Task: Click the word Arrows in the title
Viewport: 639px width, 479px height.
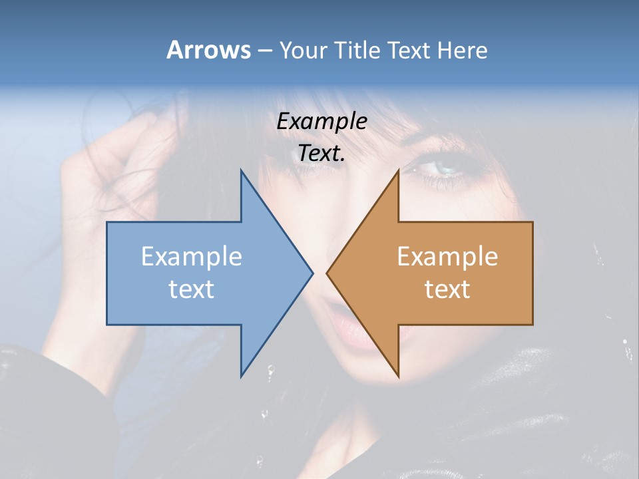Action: [x=208, y=50]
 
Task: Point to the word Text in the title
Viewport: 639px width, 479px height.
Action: [x=409, y=51]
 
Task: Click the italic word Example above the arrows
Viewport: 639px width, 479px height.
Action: [x=322, y=121]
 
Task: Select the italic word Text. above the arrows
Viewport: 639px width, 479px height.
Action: [x=322, y=153]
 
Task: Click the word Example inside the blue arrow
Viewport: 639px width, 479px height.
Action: [x=192, y=257]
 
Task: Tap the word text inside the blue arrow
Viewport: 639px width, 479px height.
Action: [x=192, y=289]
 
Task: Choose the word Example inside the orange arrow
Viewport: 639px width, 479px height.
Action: [x=447, y=257]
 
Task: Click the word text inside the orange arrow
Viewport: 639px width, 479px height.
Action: [x=447, y=289]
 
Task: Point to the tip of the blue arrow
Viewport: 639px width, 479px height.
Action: [x=312, y=273]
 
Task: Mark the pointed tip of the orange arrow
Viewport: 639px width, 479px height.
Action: [x=327, y=273]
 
